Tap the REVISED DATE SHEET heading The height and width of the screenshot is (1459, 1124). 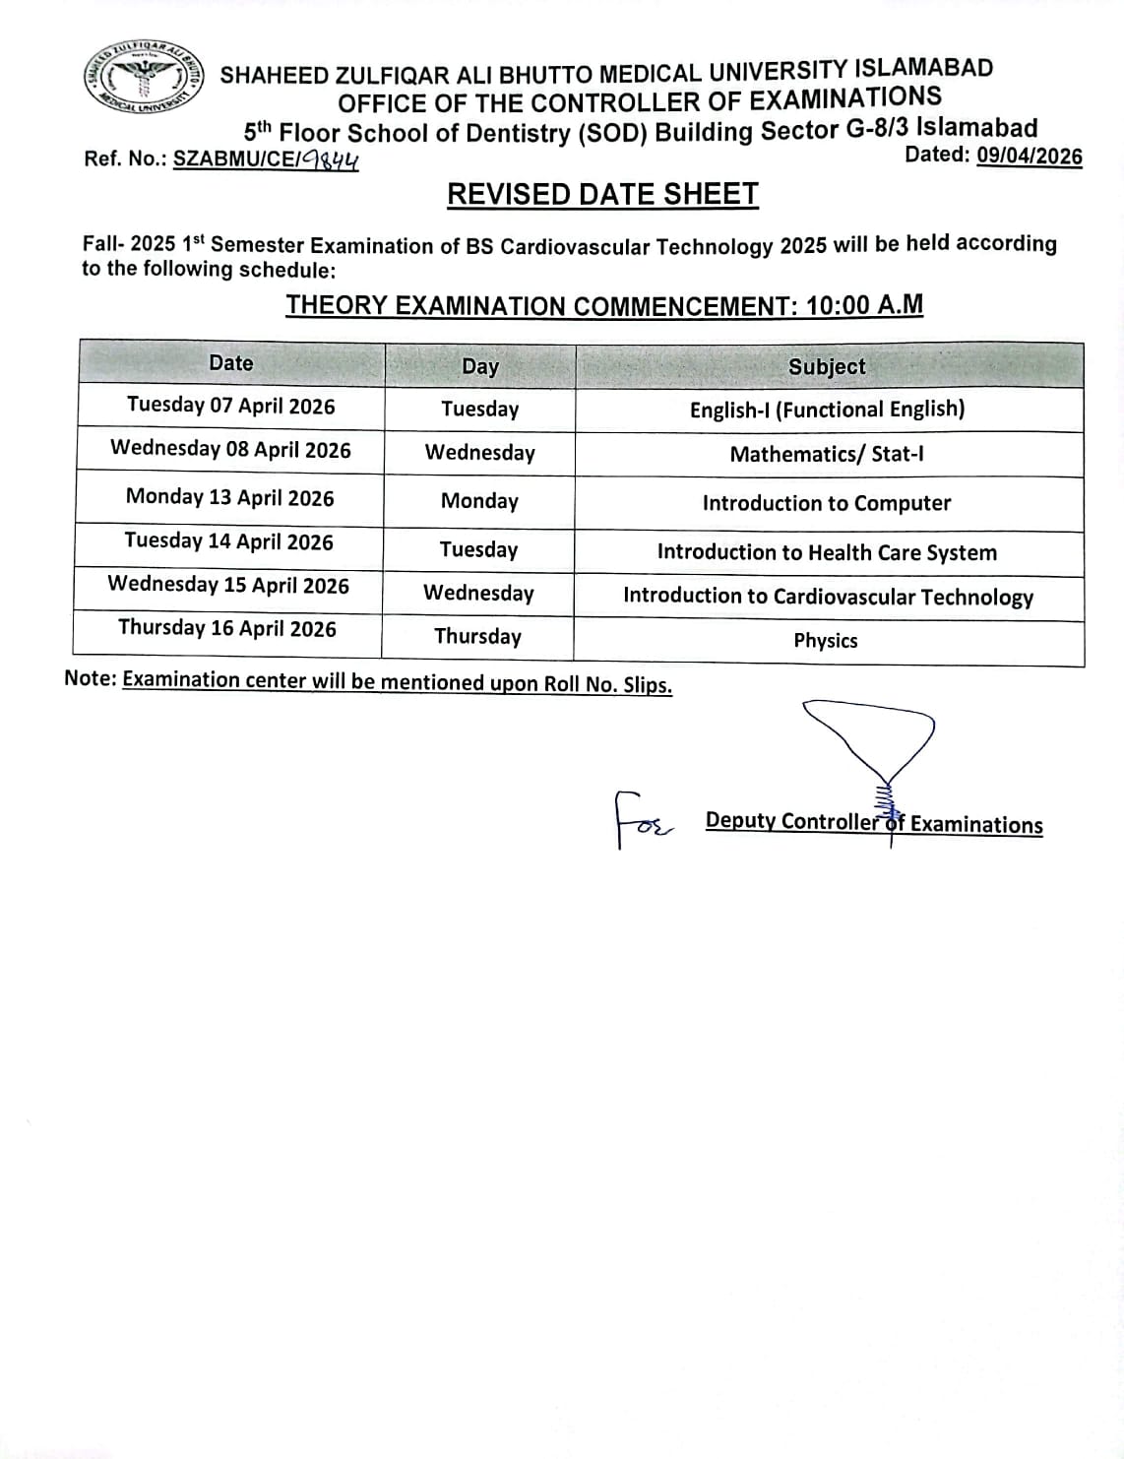(602, 195)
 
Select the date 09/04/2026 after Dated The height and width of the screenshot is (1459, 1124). (1029, 157)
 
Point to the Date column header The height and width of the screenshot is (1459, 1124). (231, 363)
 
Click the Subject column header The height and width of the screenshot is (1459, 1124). (827, 366)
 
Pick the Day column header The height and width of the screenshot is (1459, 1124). (479, 366)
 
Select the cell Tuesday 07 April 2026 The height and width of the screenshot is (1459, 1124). (230, 406)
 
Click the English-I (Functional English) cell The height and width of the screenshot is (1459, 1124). (827, 410)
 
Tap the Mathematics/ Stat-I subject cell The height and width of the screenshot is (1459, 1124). (827, 454)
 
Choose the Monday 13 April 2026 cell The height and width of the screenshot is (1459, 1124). (229, 497)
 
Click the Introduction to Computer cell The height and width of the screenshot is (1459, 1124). (827, 503)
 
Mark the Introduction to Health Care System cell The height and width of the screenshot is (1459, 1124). (827, 552)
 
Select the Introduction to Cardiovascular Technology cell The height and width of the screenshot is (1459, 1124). (828, 597)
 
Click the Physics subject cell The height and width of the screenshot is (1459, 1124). (826, 641)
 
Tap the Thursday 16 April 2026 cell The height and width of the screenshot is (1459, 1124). (227, 628)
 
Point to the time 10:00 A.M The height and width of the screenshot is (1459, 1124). (864, 304)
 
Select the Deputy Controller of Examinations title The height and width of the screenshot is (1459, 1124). (874, 823)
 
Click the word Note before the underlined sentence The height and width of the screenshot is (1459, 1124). (90, 679)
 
